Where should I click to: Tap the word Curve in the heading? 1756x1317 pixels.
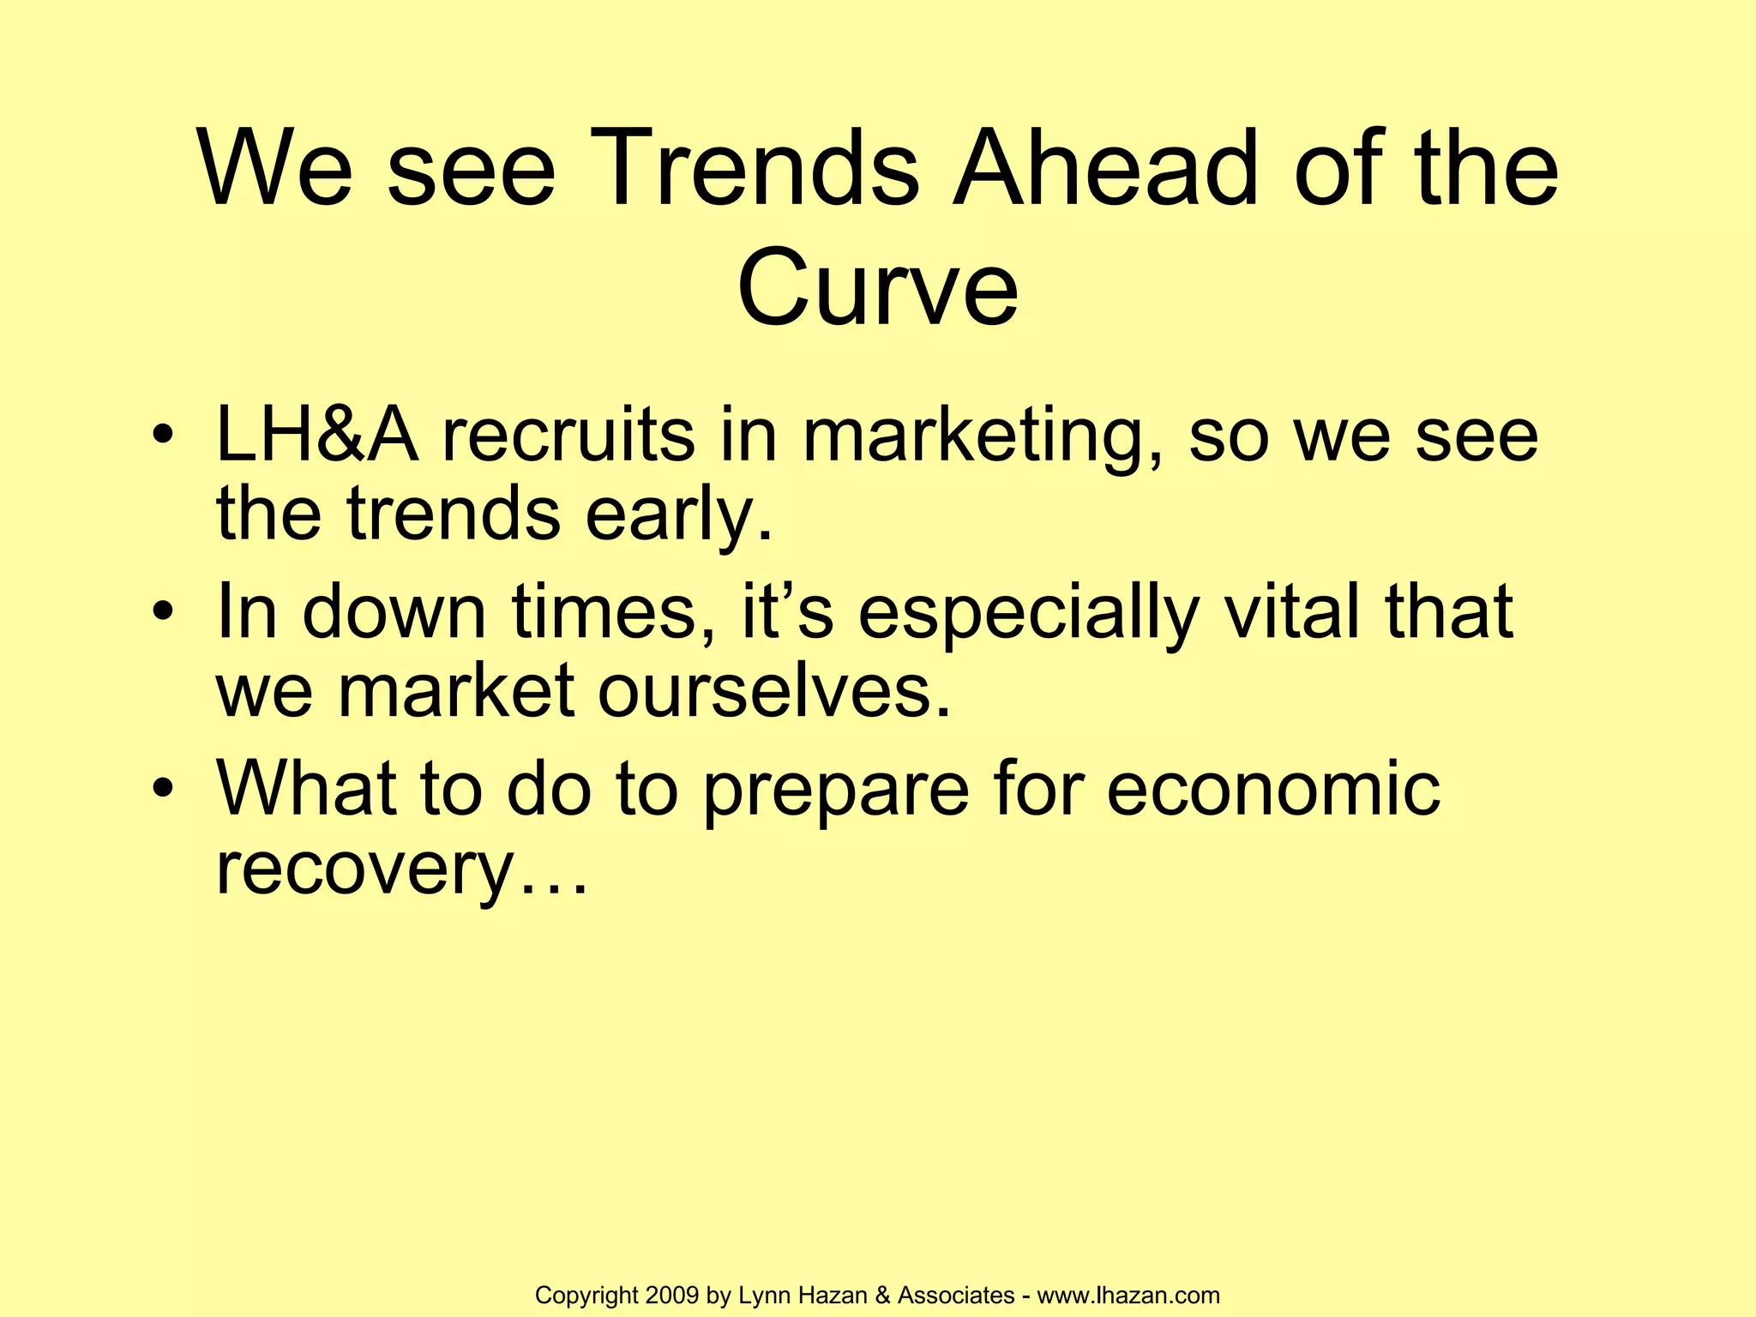[x=877, y=287]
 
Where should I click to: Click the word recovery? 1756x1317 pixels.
[x=364, y=871]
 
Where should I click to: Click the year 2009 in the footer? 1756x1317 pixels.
[x=673, y=1296]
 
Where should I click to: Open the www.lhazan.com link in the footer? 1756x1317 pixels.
[x=1128, y=1296]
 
